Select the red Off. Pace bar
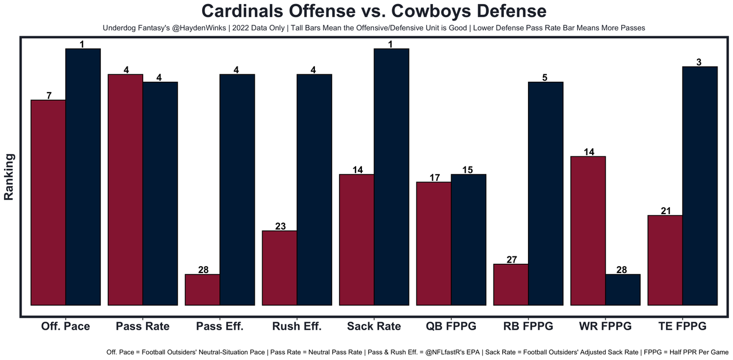click(49, 203)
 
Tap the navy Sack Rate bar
click(391, 177)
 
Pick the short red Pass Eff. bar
click(203, 290)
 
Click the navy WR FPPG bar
click(623, 290)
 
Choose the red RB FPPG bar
click(511, 284)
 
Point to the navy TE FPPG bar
click(700, 186)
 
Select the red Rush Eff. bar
click(279, 268)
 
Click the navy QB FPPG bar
click(468, 240)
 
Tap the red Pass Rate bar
click(125, 189)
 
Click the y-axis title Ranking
click(9, 177)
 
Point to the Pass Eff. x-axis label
click(220, 327)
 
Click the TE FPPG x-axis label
click(682, 327)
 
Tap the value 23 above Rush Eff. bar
click(280, 226)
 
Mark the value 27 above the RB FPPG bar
click(512, 259)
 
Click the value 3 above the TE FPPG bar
click(700, 62)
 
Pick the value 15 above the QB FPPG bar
click(468, 170)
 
